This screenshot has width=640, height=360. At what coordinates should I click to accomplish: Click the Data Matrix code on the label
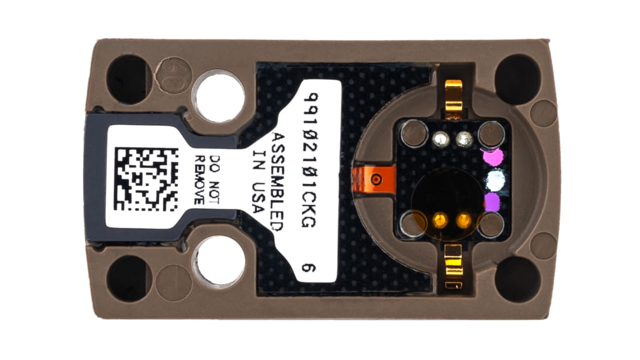[x=147, y=179]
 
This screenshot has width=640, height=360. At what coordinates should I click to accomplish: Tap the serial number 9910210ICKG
[x=311, y=160]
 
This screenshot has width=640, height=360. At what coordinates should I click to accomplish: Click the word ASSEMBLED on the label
[x=277, y=181]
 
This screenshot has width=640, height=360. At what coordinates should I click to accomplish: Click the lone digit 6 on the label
[x=309, y=267]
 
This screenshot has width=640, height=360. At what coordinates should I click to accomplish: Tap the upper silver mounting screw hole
[x=219, y=97]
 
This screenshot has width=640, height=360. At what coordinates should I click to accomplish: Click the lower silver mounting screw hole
[x=219, y=261]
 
